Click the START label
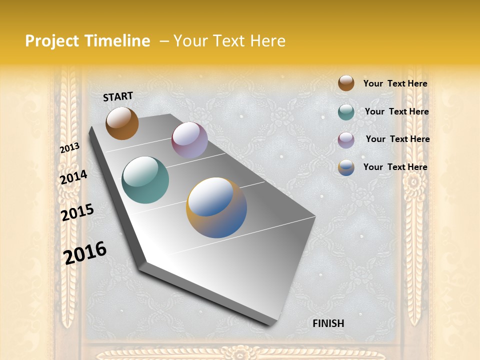click(x=118, y=96)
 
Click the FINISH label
click(x=328, y=323)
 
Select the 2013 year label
click(x=69, y=147)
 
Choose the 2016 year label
click(x=85, y=252)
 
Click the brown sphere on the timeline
click(x=122, y=123)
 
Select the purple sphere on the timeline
click(x=189, y=140)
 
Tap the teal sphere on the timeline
click(x=145, y=180)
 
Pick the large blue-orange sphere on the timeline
click(x=216, y=207)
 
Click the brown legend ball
click(x=346, y=83)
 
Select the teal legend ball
click(x=346, y=112)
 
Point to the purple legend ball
click(x=346, y=140)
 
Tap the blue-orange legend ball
click(x=346, y=167)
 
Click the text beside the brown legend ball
click(x=395, y=83)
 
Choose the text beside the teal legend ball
click(x=396, y=111)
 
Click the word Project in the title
click(x=52, y=41)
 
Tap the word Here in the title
click(x=267, y=41)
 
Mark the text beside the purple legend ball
click(x=397, y=139)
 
